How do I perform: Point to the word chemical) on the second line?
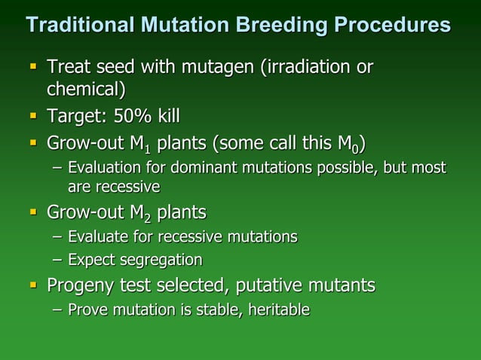86,90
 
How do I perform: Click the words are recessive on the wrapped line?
113,185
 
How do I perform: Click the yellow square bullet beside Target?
33,117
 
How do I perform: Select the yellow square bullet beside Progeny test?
33,285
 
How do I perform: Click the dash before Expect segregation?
57,261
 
